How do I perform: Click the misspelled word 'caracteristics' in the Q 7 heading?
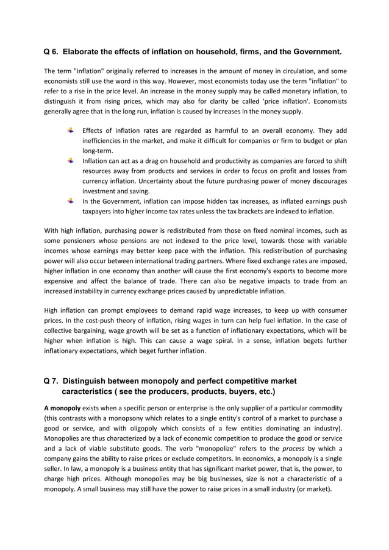point(90,391)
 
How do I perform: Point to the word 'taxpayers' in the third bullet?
point(100,212)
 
